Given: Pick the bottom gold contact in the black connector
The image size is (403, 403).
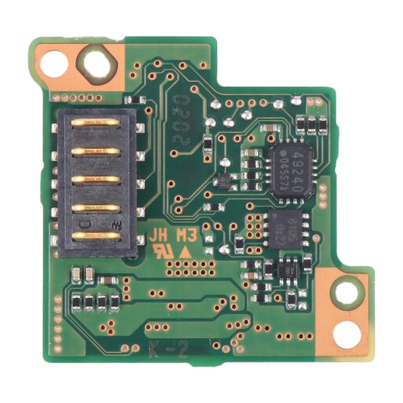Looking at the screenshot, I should click(x=96, y=235).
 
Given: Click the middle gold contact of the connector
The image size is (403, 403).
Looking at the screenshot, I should click(x=96, y=179).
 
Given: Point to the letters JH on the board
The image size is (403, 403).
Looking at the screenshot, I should click(x=160, y=235).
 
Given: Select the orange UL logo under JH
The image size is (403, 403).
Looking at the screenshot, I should click(x=161, y=250).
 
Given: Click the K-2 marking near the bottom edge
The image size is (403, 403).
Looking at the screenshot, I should click(x=164, y=349).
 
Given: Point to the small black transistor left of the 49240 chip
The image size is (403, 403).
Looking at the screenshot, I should click(x=224, y=181).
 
